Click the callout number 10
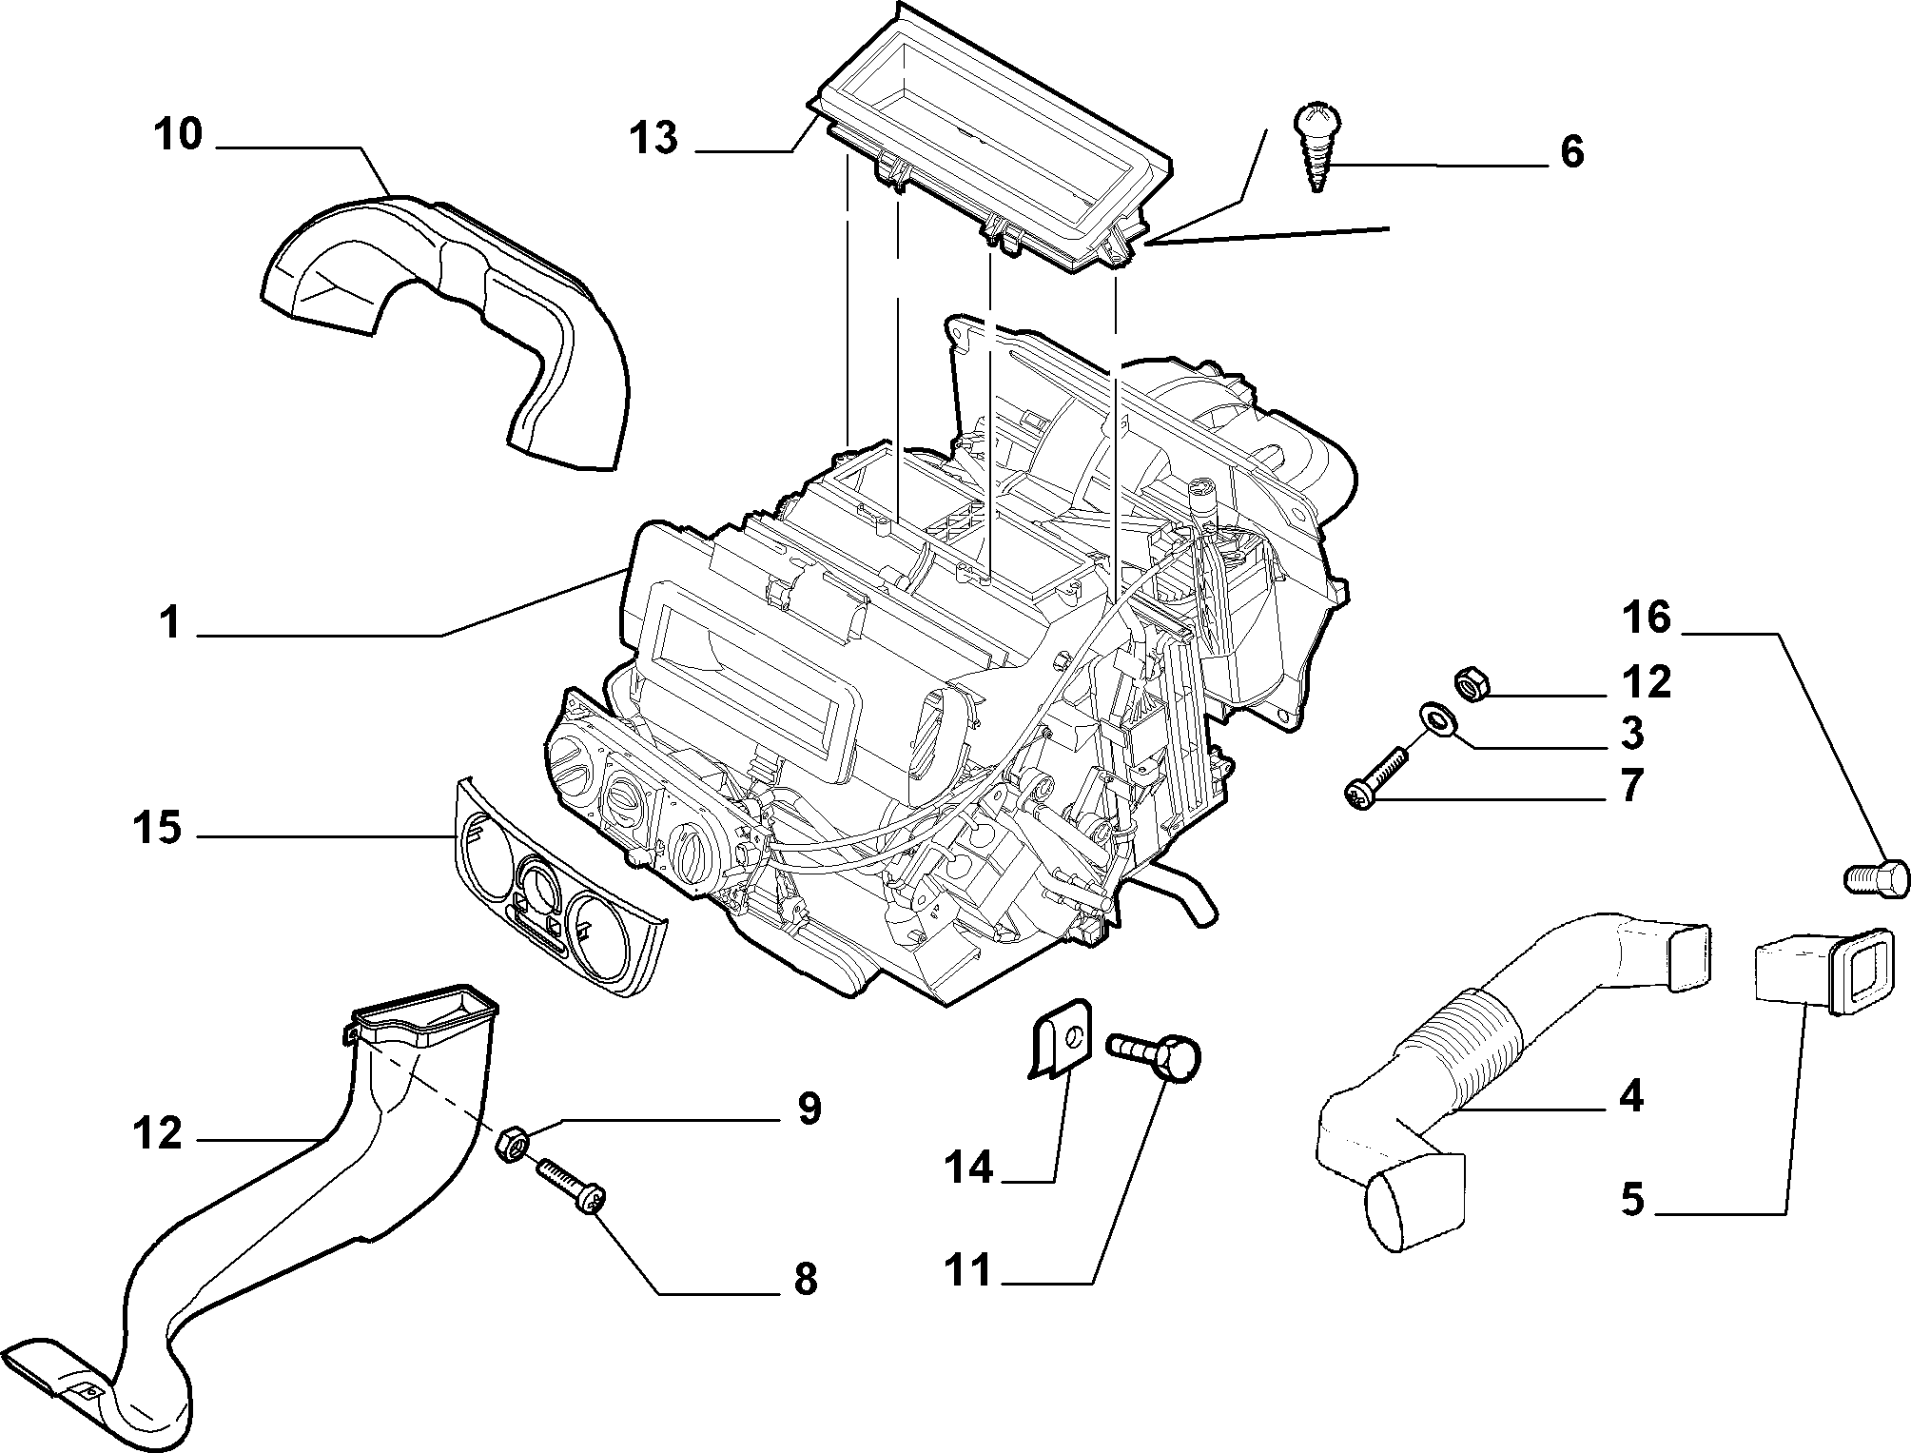pyautogui.click(x=179, y=135)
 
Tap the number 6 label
pyautogui.click(x=1572, y=152)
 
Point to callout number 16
pyautogui.click(x=1647, y=618)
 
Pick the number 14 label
pyautogui.click(x=968, y=1167)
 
